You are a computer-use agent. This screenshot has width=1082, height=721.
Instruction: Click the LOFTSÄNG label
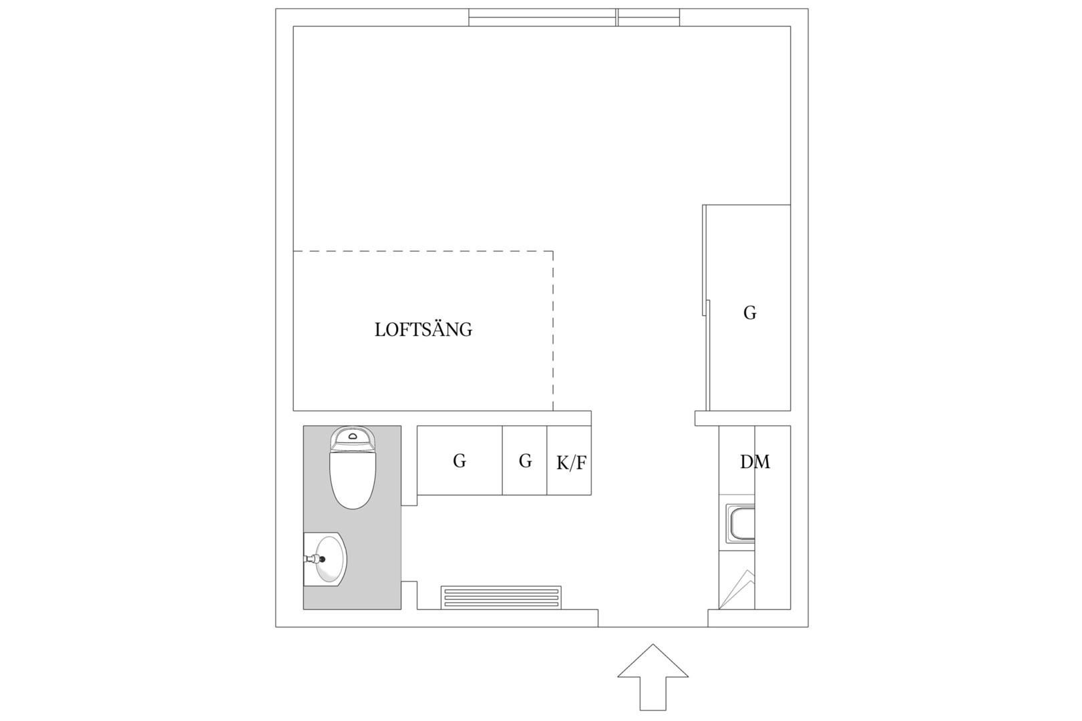point(423,329)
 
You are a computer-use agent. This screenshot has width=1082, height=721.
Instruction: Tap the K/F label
point(572,463)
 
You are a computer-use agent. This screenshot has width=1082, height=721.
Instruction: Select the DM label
point(755,462)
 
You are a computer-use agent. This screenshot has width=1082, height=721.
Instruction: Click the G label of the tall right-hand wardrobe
point(749,313)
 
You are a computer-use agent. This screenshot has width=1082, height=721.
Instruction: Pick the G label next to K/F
point(526,461)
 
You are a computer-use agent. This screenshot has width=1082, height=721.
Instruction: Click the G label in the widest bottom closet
point(460,461)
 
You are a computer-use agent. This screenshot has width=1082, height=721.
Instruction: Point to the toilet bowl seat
point(353,479)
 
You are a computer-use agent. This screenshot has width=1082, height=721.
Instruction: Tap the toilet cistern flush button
point(353,436)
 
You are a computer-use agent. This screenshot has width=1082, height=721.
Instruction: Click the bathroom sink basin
point(331,559)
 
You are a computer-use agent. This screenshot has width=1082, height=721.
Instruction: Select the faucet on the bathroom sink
point(314,559)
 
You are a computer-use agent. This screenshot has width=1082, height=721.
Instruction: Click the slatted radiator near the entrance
point(501,597)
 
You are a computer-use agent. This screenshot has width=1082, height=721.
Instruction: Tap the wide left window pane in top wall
point(542,17)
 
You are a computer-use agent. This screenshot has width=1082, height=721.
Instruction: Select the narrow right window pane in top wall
point(649,17)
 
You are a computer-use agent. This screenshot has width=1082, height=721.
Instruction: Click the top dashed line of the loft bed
point(423,251)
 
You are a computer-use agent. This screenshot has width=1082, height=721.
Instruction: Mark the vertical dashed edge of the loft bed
point(553,331)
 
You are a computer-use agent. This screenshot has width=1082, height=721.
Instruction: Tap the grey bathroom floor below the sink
point(352,598)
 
